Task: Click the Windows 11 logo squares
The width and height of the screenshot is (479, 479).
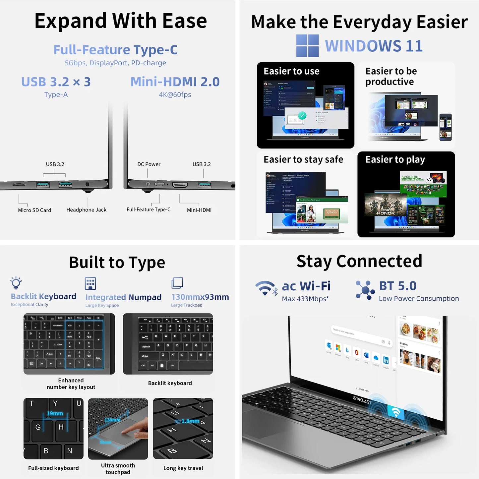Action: tap(307, 45)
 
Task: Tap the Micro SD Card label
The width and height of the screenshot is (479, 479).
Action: tap(34, 210)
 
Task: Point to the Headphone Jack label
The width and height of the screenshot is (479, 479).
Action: tap(86, 210)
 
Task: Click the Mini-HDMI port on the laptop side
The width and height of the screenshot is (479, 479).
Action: tap(180, 185)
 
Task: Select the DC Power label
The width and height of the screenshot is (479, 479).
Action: tap(149, 164)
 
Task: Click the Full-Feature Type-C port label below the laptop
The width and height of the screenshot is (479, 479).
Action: tap(149, 210)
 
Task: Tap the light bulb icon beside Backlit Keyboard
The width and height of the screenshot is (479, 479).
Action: tap(16, 283)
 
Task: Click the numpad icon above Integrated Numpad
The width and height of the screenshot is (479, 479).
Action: tap(90, 283)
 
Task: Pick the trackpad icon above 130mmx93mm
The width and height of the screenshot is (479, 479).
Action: tap(177, 283)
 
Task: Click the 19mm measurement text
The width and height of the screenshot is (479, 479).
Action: tap(55, 413)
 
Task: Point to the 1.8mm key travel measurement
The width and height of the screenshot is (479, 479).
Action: tap(190, 421)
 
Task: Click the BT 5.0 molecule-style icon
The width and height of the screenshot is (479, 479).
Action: tap(365, 290)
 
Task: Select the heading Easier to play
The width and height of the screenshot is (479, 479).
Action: tap(395, 160)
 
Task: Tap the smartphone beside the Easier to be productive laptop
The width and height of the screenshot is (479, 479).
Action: tap(446, 127)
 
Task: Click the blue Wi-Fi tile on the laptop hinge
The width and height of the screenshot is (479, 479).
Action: tap(396, 412)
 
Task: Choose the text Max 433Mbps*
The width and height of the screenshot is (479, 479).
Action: tap(305, 299)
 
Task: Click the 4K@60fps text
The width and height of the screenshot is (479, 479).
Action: tap(175, 95)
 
